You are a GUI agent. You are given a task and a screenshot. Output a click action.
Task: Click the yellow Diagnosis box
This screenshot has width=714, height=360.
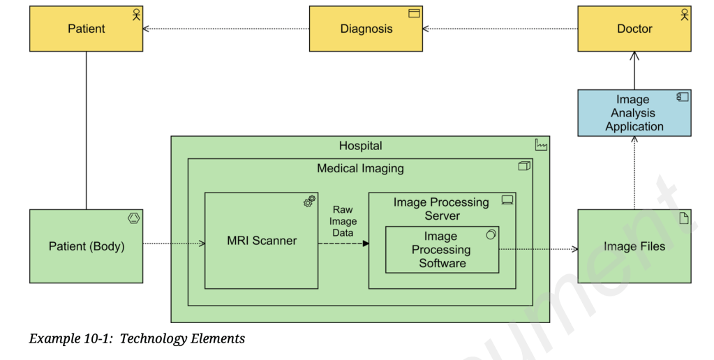366,29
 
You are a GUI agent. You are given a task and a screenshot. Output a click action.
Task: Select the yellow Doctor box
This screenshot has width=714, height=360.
634,29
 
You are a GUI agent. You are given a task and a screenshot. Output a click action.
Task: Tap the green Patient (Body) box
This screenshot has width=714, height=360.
86,246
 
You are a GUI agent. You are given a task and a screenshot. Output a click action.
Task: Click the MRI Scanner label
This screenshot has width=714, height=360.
262,241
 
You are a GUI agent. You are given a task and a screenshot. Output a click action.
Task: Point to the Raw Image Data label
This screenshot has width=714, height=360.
343,220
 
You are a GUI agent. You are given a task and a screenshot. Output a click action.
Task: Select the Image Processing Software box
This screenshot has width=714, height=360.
442,250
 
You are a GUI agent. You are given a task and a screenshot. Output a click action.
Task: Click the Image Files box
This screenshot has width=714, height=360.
634,246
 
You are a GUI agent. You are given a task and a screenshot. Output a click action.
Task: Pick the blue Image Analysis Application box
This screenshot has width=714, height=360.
634,113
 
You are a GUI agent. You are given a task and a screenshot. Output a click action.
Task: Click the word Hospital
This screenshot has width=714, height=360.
360,146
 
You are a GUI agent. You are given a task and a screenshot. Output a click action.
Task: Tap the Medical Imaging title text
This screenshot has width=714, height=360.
360,168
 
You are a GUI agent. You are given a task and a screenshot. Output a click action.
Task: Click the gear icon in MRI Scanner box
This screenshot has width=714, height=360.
308,202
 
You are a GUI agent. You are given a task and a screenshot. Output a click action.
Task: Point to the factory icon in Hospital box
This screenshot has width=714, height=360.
541,145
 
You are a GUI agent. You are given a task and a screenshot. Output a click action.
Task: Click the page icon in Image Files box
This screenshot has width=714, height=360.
683,218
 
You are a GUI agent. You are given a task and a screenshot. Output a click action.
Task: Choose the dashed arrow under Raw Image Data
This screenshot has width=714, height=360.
343,243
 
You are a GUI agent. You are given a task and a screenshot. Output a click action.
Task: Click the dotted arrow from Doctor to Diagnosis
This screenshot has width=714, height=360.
500,29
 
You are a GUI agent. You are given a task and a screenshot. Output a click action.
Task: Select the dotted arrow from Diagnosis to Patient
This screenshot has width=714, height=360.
226,29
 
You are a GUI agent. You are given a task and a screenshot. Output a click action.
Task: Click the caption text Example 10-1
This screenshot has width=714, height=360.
137,339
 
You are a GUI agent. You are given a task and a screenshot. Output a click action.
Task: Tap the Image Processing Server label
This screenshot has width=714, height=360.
441,209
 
